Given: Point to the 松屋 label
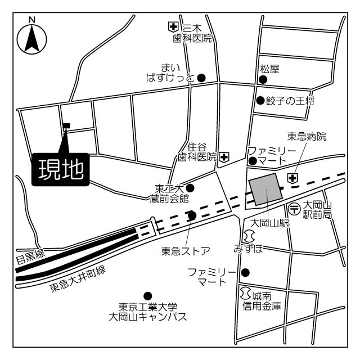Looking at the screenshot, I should tap(269, 69).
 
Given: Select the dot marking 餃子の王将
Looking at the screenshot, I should tap(260, 101).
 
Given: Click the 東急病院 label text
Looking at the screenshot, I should tap(307, 136).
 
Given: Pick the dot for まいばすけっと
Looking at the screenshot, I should tap(200, 78).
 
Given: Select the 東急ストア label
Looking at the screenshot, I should tap(186, 251).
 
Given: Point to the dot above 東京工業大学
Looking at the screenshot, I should tap(148, 295).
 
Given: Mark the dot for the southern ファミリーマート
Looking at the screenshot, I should tap(245, 273).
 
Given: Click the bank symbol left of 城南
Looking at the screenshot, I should tap(245, 294).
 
